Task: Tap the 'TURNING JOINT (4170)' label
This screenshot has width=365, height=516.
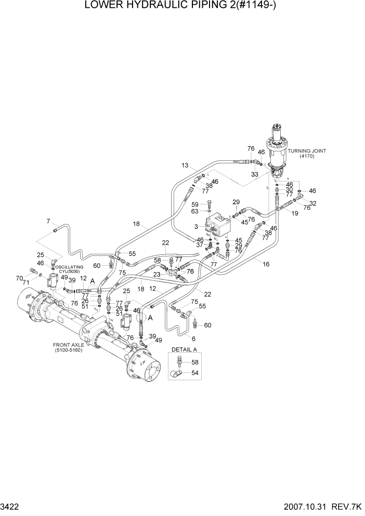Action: pos(306,153)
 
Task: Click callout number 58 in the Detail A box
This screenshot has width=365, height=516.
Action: pos(195,362)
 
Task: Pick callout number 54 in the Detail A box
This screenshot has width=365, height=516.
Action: pos(195,372)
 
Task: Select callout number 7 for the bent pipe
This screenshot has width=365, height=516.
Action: pos(48,221)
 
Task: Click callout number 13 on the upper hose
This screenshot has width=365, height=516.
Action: pos(185,166)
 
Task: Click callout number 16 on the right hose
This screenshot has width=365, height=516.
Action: pos(266,264)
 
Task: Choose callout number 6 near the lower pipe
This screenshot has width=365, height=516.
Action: pos(193,338)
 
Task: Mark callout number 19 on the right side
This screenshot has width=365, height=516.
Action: pos(295,213)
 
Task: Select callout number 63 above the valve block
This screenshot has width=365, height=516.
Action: pos(195,211)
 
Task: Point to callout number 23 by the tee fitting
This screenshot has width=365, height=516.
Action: pos(156,274)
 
